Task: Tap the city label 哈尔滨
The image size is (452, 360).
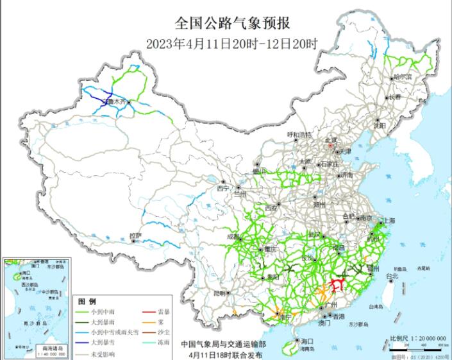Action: [x=403, y=76]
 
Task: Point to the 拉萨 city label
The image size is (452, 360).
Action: [x=135, y=236]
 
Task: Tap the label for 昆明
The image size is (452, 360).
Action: [x=220, y=293]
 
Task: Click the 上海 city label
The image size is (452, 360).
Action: [x=388, y=220]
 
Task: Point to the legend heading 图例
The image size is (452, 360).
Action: [x=87, y=301]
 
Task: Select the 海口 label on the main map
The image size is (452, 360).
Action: [x=307, y=341]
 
